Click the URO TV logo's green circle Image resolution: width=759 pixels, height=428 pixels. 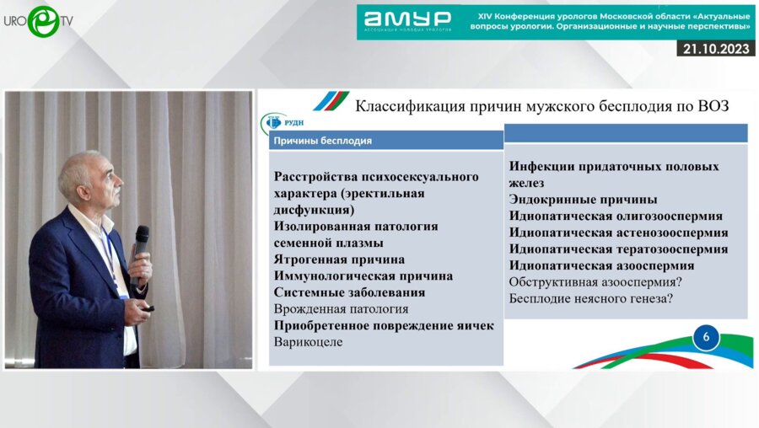(42, 20)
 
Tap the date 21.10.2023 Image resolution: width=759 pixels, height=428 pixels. (716, 50)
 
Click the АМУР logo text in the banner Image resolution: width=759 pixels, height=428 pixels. (408, 19)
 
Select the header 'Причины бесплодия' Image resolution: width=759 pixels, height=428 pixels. (323, 140)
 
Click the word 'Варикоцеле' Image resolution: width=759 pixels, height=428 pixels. (309, 341)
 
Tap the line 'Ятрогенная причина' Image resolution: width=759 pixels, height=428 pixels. (339, 259)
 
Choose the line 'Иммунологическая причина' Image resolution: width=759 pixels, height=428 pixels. (363, 276)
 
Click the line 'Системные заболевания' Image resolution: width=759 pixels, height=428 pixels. (349, 292)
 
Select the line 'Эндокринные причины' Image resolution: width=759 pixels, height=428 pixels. (583, 200)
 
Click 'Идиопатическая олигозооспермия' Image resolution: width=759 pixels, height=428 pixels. (616, 216)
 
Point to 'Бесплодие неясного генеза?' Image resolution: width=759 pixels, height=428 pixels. (594, 298)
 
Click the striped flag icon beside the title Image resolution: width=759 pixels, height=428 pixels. (331, 102)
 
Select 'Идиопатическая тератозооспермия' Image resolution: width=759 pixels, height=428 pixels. (618, 249)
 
